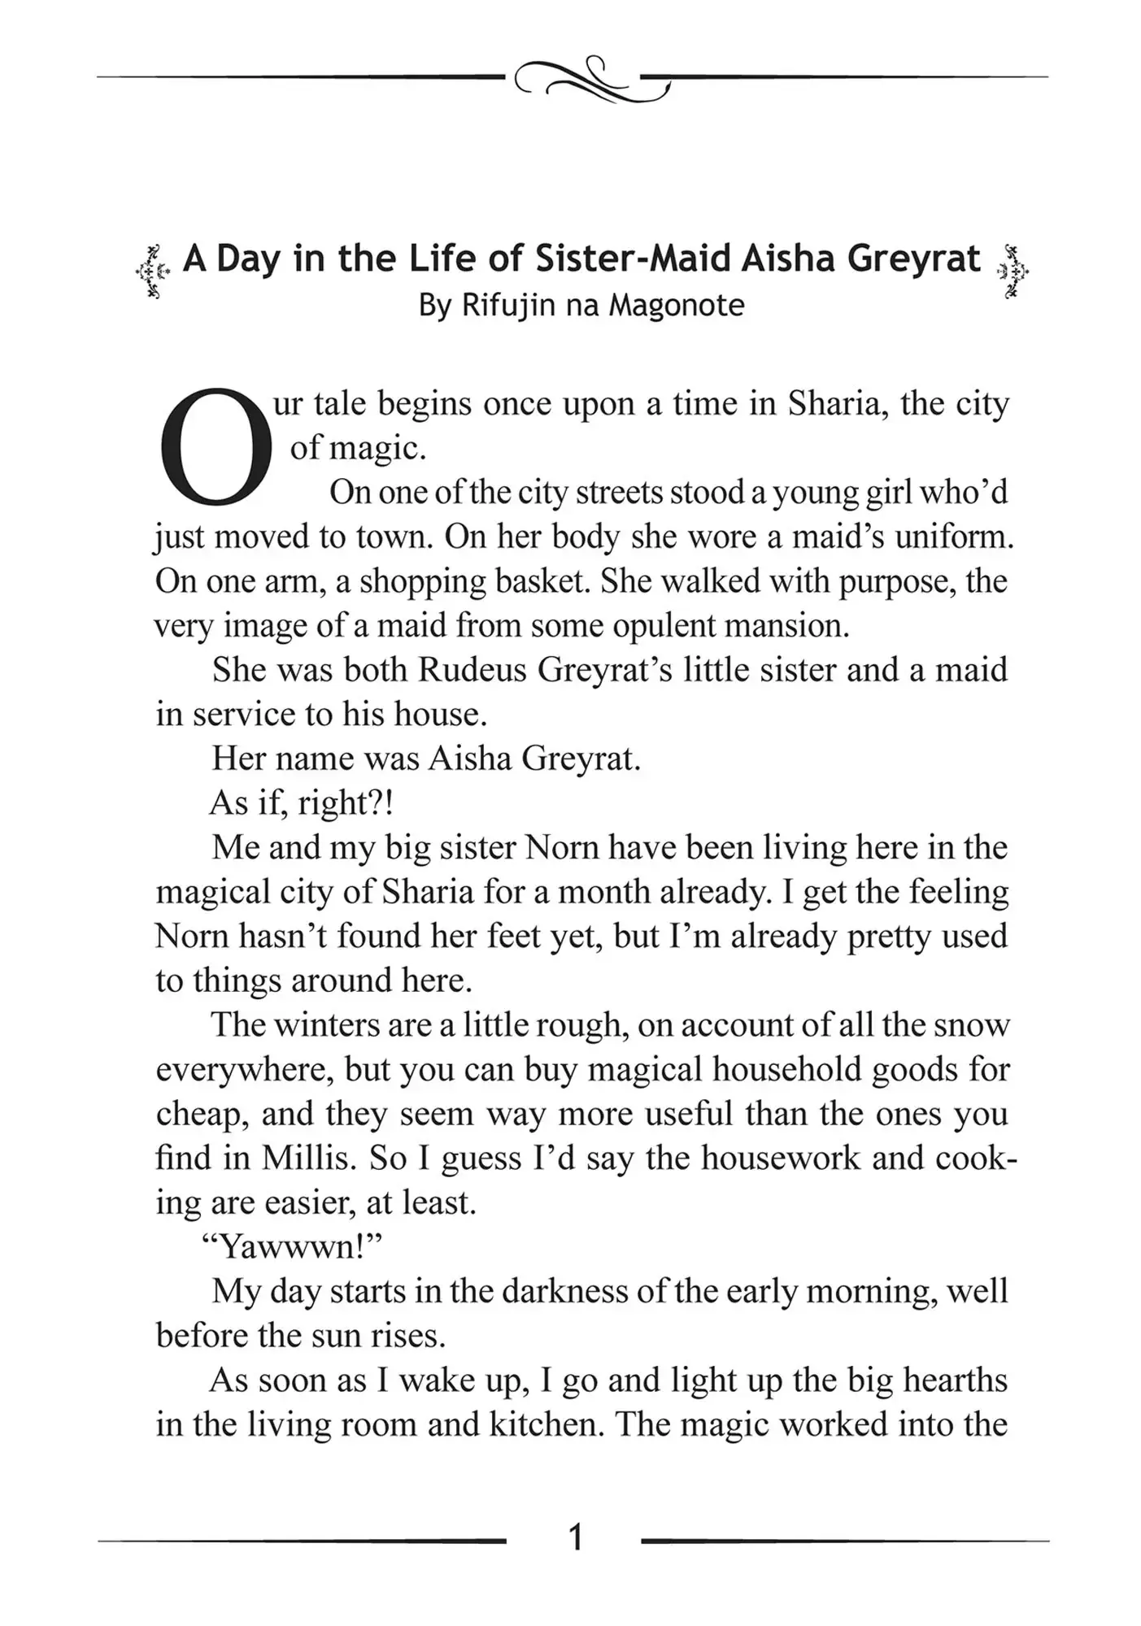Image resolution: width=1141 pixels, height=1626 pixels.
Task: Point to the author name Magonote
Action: click(677, 306)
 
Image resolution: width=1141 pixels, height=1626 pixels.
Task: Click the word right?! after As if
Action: click(346, 803)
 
